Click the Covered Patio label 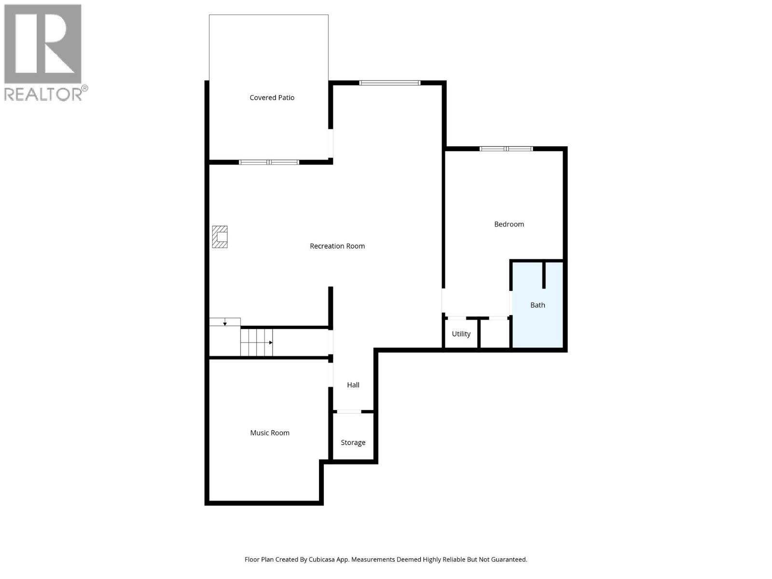(x=272, y=98)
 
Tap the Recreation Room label (x=337, y=246)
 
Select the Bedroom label (x=509, y=224)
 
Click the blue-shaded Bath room (x=538, y=305)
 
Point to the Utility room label (x=461, y=334)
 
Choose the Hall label (x=353, y=385)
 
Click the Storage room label (x=353, y=442)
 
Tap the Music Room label (x=269, y=433)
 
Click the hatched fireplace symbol (x=220, y=237)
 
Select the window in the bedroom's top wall (x=506, y=149)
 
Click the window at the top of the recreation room (x=389, y=83)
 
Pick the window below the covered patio (x=269, y=162)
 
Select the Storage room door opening (x=349, y=411)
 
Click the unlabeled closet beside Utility (x=495, y=333)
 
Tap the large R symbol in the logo (x=42, y=43)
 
